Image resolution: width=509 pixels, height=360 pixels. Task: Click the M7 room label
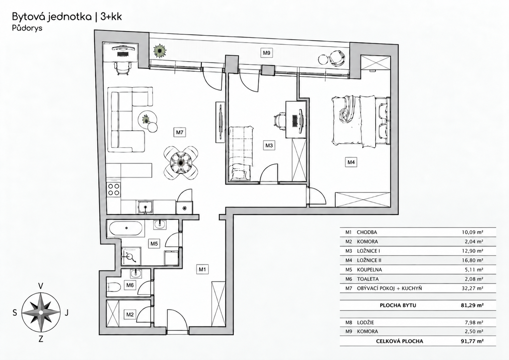[x=180, y=132]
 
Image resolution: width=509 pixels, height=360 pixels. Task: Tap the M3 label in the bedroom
[x=269, y=145]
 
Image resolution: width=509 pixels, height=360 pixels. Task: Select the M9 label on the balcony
[x=266, y=53]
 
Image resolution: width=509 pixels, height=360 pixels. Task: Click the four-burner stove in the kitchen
[x=114, y=189]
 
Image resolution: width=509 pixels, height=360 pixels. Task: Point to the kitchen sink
[x=145, y=207]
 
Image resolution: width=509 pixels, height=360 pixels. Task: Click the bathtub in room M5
[x=126, y=228]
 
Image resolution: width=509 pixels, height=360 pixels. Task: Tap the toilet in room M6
[x=113, y=287]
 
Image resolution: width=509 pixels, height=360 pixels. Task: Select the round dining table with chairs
[x=181, y=163]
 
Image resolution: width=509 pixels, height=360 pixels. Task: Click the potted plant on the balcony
[x=160, y=51]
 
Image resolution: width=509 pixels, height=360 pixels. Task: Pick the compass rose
[x=41, y=313]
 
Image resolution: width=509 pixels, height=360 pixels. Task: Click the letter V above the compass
[x=41, y=286]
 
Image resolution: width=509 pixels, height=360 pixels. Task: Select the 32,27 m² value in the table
[x=472, y=288]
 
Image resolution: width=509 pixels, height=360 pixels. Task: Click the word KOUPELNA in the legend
[x=369, y=270]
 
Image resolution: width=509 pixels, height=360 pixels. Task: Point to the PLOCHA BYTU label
[x=398, y=305]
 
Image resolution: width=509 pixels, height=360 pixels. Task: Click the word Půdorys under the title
[x=27, y=28]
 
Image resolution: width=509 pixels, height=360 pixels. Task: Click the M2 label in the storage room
[x=130, y=315]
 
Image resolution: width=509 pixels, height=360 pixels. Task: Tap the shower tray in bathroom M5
[x=131, y=256]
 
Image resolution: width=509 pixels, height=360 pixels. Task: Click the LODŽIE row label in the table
[x=365, y=322]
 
